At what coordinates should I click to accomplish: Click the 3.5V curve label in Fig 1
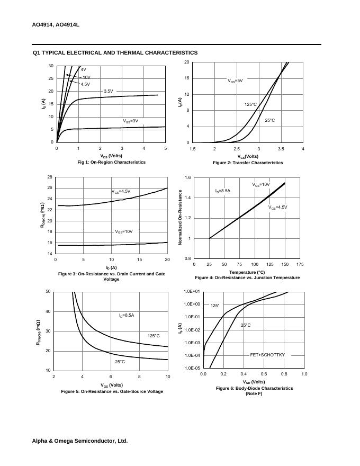(x=108, y=91)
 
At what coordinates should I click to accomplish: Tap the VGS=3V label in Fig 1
(x=130, y=121)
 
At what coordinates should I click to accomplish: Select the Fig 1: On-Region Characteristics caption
(x=111, y=162)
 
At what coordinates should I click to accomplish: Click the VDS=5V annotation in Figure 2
(x=235, y=81)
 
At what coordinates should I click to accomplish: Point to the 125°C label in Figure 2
(x=250, y=105)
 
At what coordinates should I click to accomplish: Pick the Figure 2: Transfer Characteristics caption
(x=248, y=163)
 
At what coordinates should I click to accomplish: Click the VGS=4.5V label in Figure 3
(x=121, y=191)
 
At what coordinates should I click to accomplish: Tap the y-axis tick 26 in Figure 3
(x=50, y=188)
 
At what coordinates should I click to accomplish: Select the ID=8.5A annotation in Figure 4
(x=222, y=191)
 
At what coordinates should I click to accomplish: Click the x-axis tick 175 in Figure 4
(x=300, y=264)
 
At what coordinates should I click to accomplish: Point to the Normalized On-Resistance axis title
(x=180, y=218)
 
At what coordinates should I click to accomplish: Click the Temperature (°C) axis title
(x=247, y=272)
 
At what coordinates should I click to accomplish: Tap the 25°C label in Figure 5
(x=120, y=362)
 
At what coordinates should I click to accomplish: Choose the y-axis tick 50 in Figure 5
(x=48, y=292)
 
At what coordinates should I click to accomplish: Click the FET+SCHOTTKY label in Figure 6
(x=267, y=355)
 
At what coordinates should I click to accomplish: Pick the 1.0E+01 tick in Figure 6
(x=192, y=292)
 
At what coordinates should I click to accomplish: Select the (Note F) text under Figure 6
(x=254, y=393)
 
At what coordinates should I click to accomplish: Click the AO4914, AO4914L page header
(x=56, y=25)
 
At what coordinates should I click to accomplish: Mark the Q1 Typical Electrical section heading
(x=115, y=53)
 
